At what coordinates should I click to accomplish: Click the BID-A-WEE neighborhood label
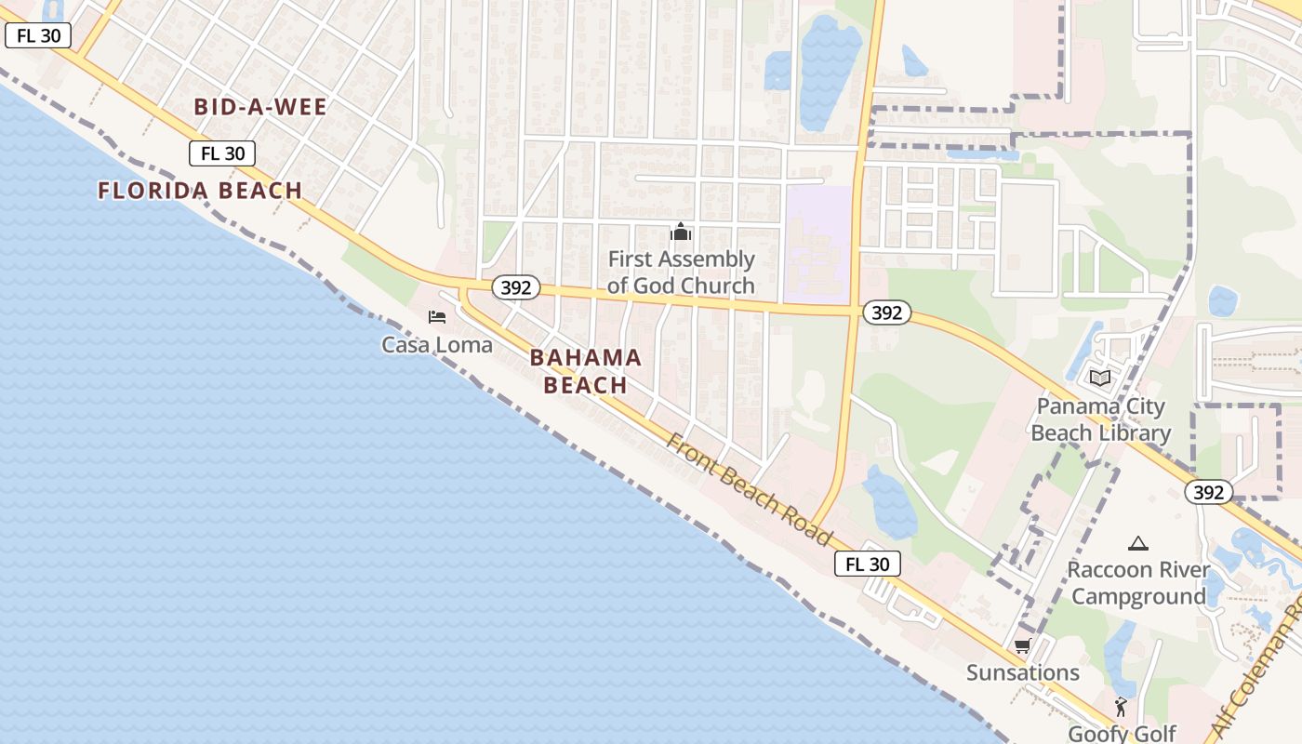tap(260, 107)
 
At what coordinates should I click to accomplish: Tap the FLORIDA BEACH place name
tap(200, 191)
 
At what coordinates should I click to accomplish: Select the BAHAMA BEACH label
tap(586, 371)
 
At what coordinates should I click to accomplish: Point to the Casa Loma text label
tap(437, 345)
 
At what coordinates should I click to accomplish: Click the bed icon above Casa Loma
tap(437, 317)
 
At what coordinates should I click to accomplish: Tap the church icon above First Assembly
tap(681, 232)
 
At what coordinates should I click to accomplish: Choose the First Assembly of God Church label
tap(681, 272)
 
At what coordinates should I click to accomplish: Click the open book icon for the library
tap(1100, 378)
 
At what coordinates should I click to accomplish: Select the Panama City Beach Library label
tap(1100, 420)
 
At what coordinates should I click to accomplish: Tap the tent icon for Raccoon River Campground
tap(1137, 543)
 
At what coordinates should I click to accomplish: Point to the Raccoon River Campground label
tap(1138, 583)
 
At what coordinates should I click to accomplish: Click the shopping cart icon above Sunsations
tap(1022, 646)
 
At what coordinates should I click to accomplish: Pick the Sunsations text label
tap(1022, 672)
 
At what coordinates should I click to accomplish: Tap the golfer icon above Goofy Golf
tap(1121, 706)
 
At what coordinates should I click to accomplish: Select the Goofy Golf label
tap(1122, 733)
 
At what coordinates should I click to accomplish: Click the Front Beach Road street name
tap(749, 489)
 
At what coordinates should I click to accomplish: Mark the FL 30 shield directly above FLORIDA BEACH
tap(222, 153)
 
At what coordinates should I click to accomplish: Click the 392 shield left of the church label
tap(515, 287)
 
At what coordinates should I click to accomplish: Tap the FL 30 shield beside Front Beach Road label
tap(868, 564)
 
